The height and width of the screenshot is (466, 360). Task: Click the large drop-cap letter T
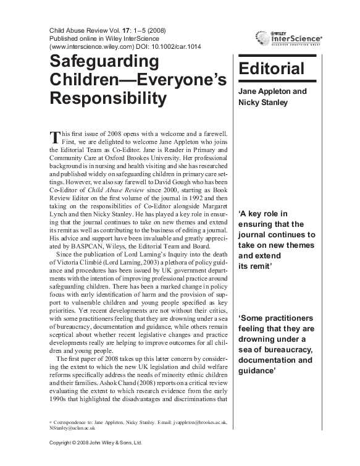point(53,136)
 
